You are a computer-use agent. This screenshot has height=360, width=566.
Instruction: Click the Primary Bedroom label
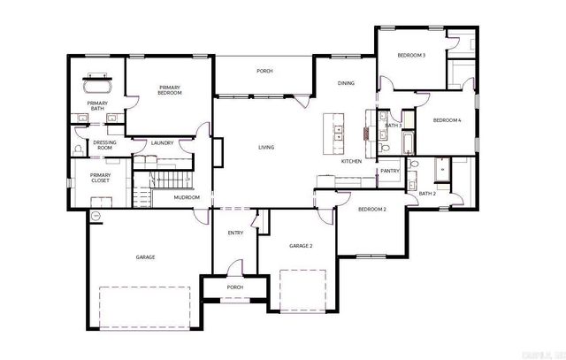tap(170, 89)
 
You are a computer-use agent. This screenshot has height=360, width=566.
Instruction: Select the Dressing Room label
tap(105, 146)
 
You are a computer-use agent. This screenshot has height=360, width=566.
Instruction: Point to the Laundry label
tap(162, 142)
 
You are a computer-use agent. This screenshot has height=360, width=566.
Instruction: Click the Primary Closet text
tap(100, 178)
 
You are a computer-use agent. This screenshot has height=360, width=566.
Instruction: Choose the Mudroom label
tap(187, 197)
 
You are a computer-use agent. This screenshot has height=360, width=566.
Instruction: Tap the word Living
tap(265, 147)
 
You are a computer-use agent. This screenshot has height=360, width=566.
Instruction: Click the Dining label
tap(346, 83)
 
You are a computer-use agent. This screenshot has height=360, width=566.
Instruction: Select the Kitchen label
tap(351, 161)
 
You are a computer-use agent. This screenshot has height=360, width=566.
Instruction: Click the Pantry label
tap(390, 171)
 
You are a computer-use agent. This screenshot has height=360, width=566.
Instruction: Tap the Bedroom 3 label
tap(411, 56)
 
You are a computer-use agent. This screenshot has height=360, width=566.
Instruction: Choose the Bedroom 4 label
tap(447, 120)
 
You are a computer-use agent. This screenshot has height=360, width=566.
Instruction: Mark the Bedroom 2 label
tap(371, 209)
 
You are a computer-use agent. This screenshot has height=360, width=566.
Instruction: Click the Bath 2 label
tap(427, 193)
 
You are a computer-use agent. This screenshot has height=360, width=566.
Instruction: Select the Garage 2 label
tap(301, 245)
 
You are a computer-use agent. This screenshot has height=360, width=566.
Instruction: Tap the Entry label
tap(235, 233)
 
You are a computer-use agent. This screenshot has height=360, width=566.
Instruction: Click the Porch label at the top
tap(264, 71)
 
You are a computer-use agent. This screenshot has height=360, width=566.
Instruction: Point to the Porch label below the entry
tap(235, 287)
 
